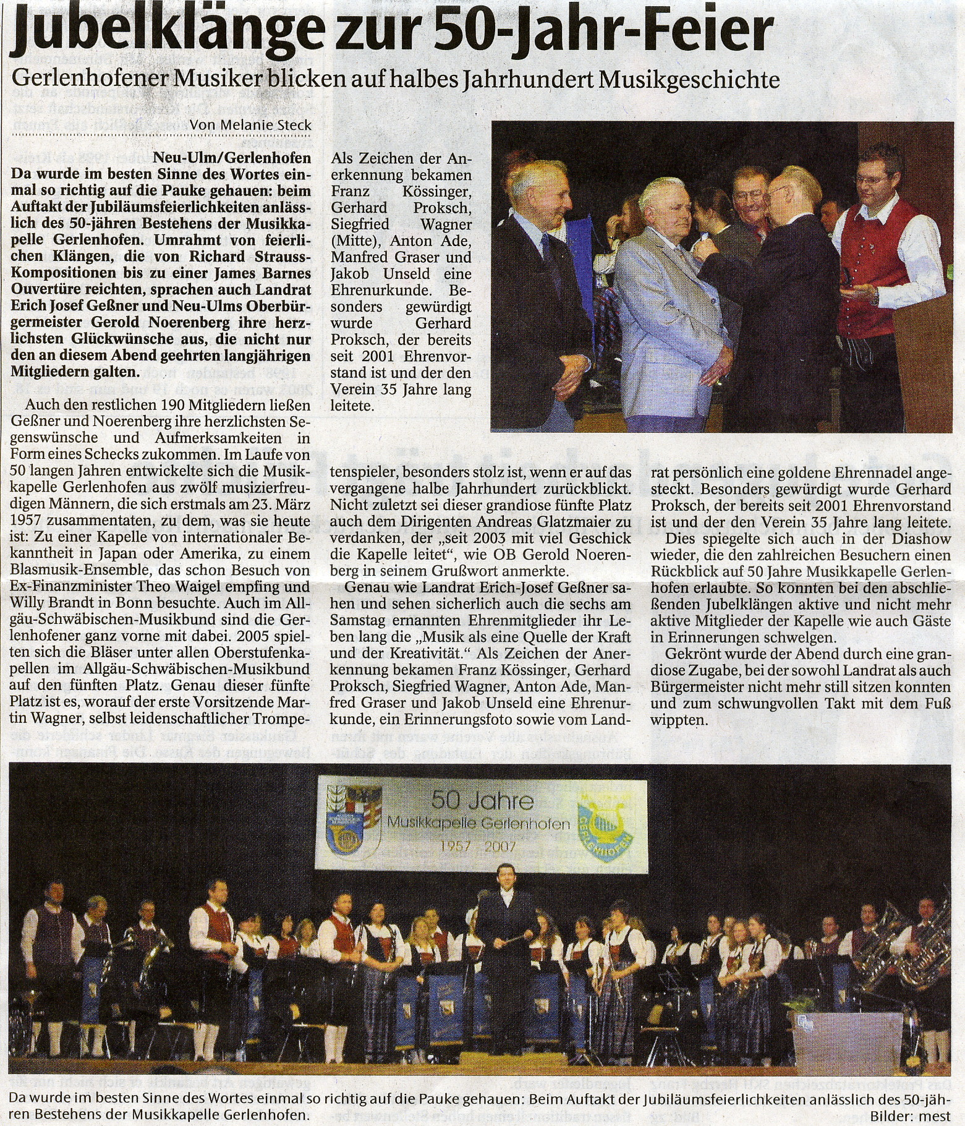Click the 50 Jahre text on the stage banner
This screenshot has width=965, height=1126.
[x=482, y=801]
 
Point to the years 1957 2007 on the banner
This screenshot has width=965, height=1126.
[x=482, y=845]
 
